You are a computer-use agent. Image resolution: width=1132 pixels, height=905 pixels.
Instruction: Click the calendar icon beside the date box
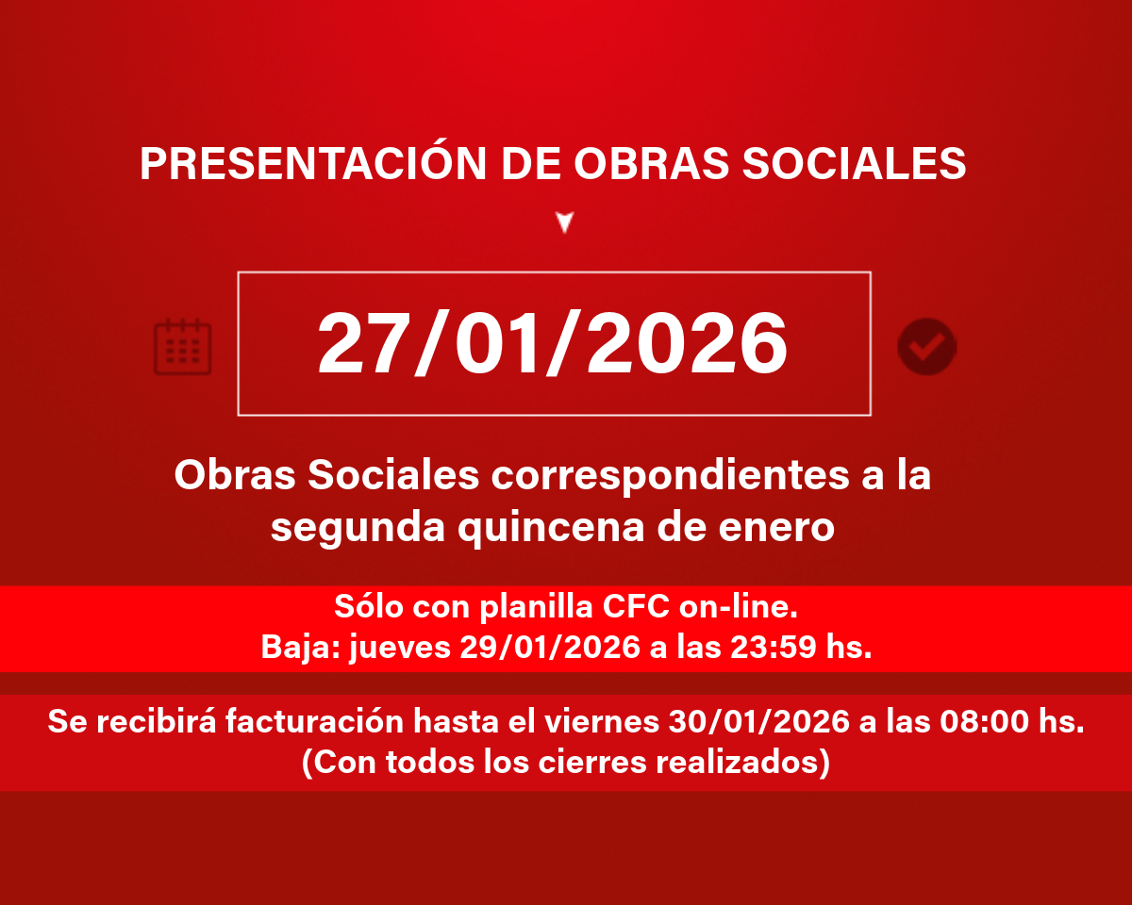pos(182,347)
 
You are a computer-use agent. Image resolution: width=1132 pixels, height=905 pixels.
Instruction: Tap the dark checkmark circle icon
pos(927,347)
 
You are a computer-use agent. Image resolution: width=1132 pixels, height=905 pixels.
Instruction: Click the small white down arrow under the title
pos(565,222)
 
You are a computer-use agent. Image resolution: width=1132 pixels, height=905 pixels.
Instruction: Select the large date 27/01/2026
pos(553,343)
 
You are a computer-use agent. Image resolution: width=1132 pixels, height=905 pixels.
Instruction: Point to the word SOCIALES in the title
pos(855,163)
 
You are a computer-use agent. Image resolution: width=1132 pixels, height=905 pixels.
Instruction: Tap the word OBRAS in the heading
pos(652,163)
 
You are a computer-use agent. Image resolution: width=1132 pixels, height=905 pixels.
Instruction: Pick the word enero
pos(776,528)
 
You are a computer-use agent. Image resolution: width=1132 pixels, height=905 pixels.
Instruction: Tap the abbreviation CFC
pos(636,607)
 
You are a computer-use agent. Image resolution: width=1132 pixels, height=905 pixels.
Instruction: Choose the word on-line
pos(738,607)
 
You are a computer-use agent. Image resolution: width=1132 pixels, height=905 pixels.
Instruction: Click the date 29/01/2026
pos(550,647)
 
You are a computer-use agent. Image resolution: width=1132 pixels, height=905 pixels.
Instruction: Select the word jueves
pos(400,648)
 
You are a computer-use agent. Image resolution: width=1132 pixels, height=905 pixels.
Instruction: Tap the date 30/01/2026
pos(759,721)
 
